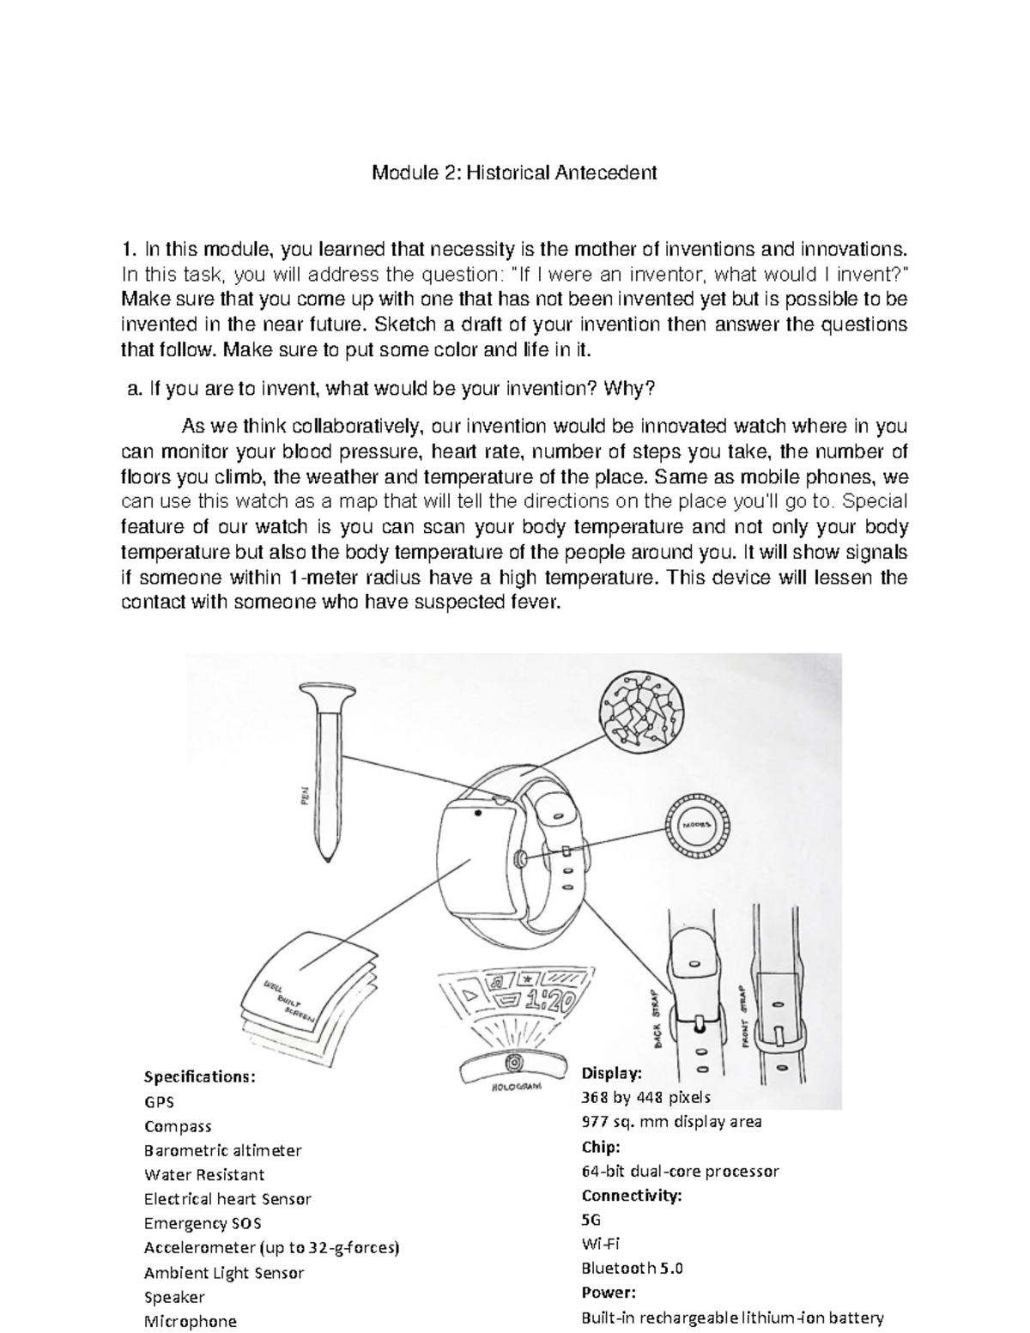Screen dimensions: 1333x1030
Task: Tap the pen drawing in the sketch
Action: tap(330, 764)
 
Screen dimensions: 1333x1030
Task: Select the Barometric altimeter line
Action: tap(222, 1150)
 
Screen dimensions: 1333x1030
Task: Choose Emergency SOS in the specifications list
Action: tap(203, 1223)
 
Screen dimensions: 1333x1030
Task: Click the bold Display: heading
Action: tap(611, 1073)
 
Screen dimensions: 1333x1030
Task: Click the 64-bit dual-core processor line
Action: tap(680, 1171)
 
